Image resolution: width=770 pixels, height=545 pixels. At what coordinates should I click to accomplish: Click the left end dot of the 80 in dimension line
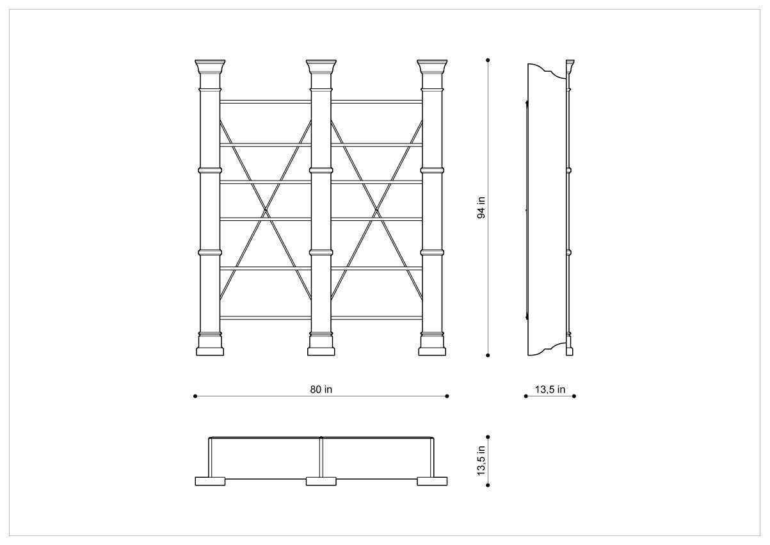point(195,396)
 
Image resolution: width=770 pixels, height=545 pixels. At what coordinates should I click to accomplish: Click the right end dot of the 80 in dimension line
point(447,396)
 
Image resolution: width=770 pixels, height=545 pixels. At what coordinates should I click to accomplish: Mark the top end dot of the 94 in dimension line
point(488,60)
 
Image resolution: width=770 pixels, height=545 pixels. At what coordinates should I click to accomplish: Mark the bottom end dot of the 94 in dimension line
point(488,355)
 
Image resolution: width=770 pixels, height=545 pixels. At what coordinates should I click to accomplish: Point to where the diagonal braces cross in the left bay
point(266,210)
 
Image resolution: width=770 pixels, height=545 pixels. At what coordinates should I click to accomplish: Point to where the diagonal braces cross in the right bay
point(377,210)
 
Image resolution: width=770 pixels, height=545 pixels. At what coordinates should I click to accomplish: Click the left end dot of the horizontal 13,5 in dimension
point(526,396)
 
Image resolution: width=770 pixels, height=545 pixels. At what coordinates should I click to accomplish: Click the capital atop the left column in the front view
point(210,67)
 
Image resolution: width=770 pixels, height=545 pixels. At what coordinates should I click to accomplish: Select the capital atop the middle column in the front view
point(321,67)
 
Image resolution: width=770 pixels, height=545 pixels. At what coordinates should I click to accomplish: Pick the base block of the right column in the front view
point(432,352)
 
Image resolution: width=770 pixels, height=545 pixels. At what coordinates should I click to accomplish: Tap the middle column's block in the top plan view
point(321,481)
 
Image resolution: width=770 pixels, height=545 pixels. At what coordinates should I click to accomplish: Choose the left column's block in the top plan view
point(210,481)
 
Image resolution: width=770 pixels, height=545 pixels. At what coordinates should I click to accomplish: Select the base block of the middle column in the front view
point(321,352)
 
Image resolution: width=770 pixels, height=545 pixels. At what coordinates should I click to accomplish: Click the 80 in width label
point(321,389)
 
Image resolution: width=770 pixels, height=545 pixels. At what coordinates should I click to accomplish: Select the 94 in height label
point(481,207)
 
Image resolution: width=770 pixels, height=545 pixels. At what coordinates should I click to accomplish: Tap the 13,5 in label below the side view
point(550,389)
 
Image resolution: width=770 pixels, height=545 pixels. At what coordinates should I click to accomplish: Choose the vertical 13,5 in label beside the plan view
point(481,460)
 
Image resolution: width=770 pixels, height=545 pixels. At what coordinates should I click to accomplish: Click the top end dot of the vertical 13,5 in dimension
point(488,437)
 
